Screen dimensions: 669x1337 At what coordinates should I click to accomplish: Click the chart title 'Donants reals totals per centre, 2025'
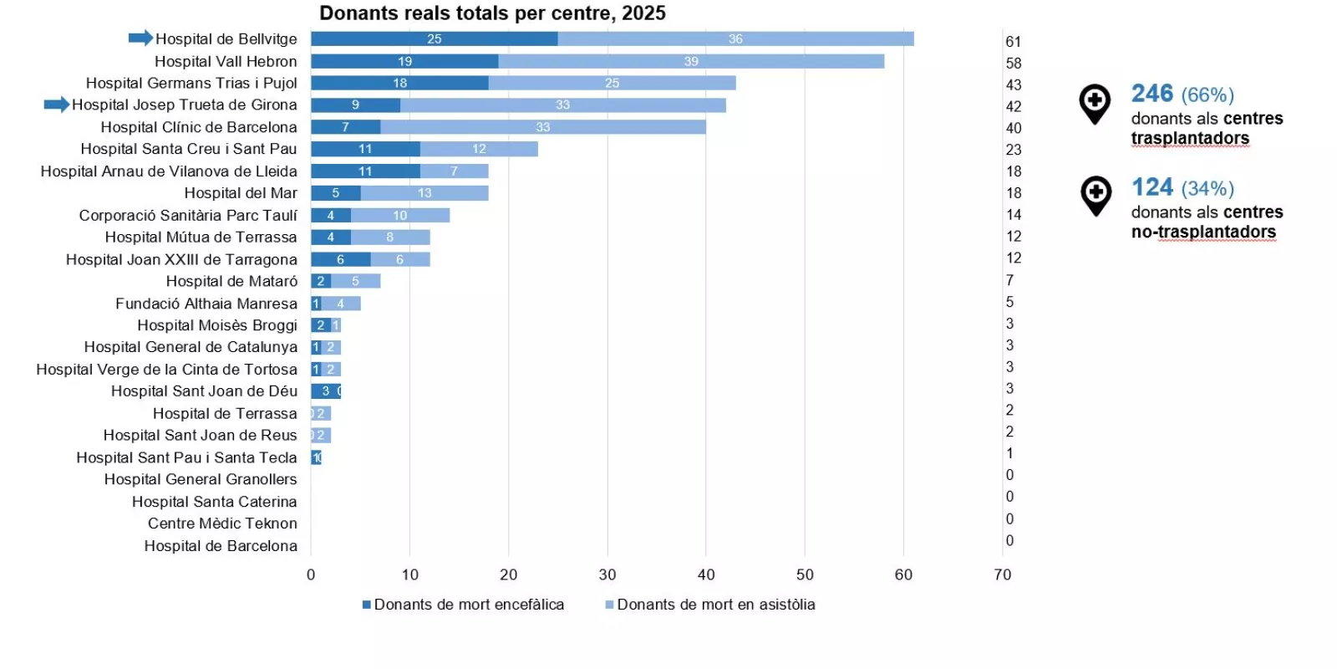[x=492, y=13]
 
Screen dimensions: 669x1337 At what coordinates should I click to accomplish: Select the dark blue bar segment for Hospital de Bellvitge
[x=434, y=38]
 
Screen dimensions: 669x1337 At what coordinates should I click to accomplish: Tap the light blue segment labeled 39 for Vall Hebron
[x=691, y=61]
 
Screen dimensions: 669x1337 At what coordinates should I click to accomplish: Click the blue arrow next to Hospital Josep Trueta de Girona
[x=57, y=105]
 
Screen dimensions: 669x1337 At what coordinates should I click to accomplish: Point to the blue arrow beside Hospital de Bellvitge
[x=140, y=38]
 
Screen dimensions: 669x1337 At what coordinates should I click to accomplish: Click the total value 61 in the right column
[x=1013, y=42]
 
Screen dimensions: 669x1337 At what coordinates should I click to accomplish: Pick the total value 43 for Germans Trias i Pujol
[x=1013, y=84]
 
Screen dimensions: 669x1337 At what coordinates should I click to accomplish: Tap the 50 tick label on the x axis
[x=805, y=575]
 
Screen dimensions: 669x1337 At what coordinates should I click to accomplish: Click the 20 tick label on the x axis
[x=508, y=575]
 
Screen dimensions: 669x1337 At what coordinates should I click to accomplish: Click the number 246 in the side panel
[x=1152, y=94]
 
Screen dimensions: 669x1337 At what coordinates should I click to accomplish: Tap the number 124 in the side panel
[x=1152, y=187]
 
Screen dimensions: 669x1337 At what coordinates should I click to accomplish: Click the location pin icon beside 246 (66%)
[x=1095, y=104]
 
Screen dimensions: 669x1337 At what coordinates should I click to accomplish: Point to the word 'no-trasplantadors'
[x=1203, y=232]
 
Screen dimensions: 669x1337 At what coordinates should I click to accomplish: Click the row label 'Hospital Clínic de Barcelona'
[x=199, y=127]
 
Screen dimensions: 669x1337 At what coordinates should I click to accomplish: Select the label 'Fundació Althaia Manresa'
[x=206, y=304]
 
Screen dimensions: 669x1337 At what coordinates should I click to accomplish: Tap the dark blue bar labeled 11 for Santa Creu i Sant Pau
[x=365, y=149]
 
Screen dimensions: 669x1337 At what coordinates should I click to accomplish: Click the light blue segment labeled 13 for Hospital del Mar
[x=424, y=193]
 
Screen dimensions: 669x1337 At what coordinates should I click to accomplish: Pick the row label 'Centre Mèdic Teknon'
[x=222, y=523]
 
